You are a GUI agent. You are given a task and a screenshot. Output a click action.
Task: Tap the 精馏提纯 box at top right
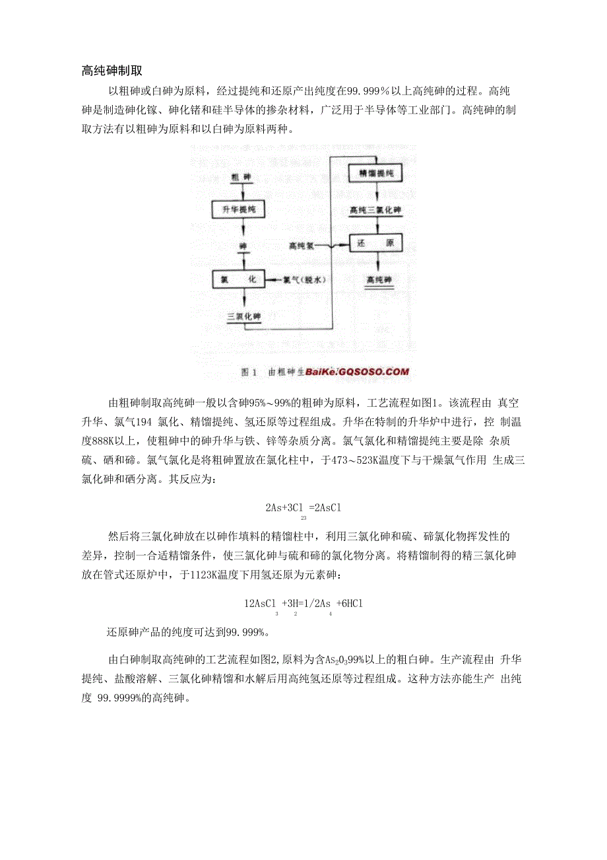(375, 173)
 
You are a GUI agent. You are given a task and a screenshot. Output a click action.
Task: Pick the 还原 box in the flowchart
(375, 244)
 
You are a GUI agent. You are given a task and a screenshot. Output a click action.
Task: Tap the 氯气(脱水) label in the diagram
(305, 280)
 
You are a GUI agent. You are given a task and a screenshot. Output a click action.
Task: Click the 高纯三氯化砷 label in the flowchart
(375, 209)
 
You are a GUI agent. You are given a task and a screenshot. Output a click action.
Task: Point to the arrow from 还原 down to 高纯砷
(376, 263)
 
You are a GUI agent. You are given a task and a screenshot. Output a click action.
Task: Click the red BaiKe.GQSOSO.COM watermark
(358, 372)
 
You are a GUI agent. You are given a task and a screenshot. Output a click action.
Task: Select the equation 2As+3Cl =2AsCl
(303, 507)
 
